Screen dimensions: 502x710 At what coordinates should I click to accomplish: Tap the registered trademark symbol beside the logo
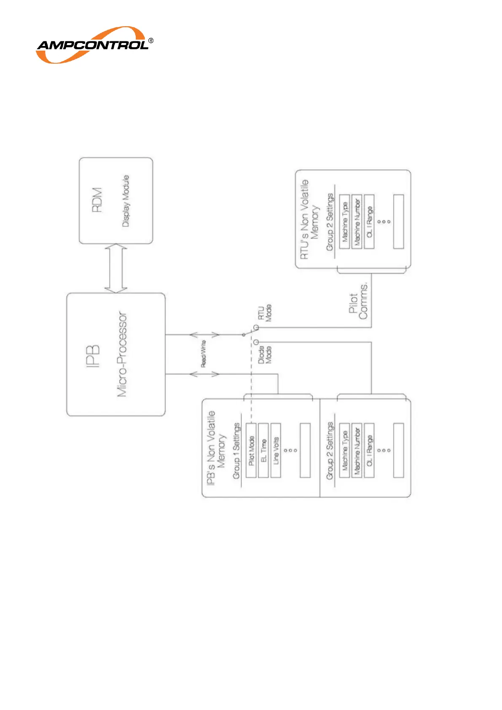151,41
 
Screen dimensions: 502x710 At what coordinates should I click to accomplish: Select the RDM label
97,200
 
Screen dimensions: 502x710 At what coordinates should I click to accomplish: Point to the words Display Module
126,201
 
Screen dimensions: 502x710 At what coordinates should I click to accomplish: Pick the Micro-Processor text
122,354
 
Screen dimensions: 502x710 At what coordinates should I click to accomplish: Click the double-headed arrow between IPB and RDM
115,269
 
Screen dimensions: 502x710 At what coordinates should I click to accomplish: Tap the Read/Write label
204,354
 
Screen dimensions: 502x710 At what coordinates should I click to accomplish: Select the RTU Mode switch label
265,313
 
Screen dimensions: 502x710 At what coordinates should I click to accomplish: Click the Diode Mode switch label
265,355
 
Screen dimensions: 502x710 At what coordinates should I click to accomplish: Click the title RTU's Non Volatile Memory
309,219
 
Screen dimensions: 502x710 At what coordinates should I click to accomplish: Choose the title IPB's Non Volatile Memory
216,448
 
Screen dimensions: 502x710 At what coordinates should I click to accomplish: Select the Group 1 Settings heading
236,451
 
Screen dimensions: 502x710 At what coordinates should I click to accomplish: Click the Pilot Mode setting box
251,451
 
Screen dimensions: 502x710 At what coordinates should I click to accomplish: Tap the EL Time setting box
263,451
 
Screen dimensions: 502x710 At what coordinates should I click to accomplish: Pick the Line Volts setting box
276,451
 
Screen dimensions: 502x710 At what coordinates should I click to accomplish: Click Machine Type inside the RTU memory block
345,222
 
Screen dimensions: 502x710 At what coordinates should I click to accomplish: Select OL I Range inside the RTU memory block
369,222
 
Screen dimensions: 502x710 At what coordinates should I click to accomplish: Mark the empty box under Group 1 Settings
305,451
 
